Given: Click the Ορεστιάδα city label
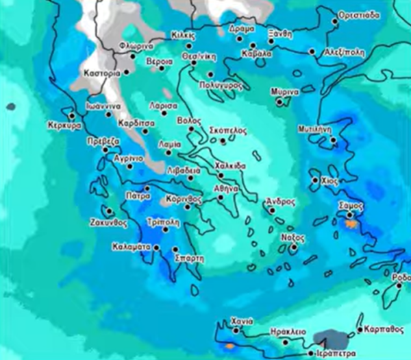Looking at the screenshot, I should tap(360, 14).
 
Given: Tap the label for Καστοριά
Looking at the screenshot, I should tap(101, 72).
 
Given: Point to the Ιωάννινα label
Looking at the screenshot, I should tap(103, 106).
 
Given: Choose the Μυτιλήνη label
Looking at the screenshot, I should tap(315, 128).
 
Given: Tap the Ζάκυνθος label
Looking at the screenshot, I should tap(109, 223).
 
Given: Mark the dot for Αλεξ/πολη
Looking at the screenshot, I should tap(312, 51).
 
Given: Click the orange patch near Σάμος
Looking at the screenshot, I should tap(351, 224).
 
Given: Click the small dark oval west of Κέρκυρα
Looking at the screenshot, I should tap(10, 106).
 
